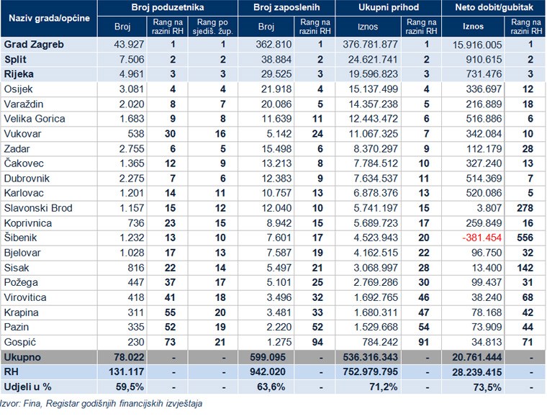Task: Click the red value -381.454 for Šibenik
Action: (482, 238)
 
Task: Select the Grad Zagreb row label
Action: (34, 45)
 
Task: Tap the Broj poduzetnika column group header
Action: (168, 8)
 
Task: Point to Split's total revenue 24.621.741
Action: (373, 60)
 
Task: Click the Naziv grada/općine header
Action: (49, 18)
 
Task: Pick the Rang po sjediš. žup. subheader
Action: (212, 27)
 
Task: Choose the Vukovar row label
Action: (22, 134)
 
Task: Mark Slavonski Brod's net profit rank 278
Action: (525, 208)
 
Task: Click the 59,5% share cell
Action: (130, 387)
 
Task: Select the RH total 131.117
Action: (126, 372)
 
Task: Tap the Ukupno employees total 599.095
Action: (268, 357)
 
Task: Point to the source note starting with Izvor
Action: (101, 404)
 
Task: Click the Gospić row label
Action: (20, 342)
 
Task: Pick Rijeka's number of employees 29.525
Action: (276, 74)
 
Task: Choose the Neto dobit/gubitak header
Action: (494, 8)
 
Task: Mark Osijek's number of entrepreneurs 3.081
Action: (132, 89)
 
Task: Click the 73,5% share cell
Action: (487, 387)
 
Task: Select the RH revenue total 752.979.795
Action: (370, 372)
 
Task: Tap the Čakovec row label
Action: (24, 163)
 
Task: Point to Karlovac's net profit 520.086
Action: (484, 193)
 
